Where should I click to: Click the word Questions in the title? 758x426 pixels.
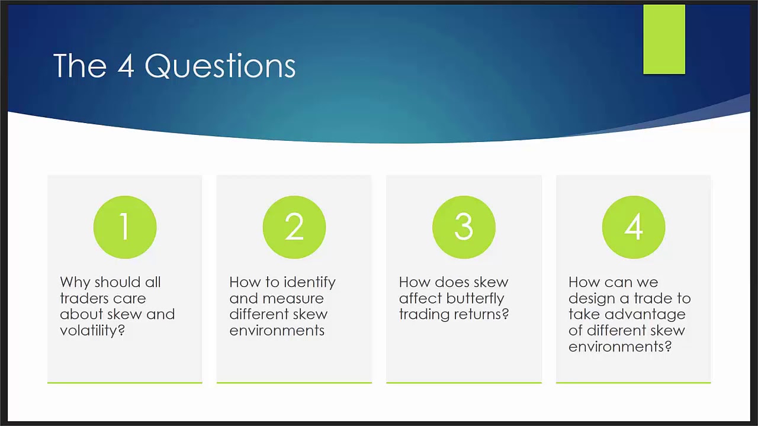click(x=220, y=66)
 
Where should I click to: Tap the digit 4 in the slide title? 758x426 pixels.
click(x=126, y=66)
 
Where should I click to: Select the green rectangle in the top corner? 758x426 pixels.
click(x=664, y=39)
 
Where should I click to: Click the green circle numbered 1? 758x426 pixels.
click(x=125, y=227)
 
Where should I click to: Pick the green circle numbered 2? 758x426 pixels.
click(x=294, y=227)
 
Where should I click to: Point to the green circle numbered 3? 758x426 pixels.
click(x=464, y=227)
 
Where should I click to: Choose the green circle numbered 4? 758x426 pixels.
click(x=634, y=227)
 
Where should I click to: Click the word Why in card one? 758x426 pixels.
click(x=75, y=283)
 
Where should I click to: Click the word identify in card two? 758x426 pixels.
click(x=309, y=283)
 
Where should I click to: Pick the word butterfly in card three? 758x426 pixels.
click(x=475, y=299)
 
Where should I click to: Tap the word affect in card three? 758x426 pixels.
click(x=420, y=299)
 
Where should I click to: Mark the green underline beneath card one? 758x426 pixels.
click(x=125, y=383)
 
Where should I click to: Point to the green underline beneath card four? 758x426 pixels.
click(x=634, y=383)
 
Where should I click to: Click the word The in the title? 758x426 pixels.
click(x=80, y=66)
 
